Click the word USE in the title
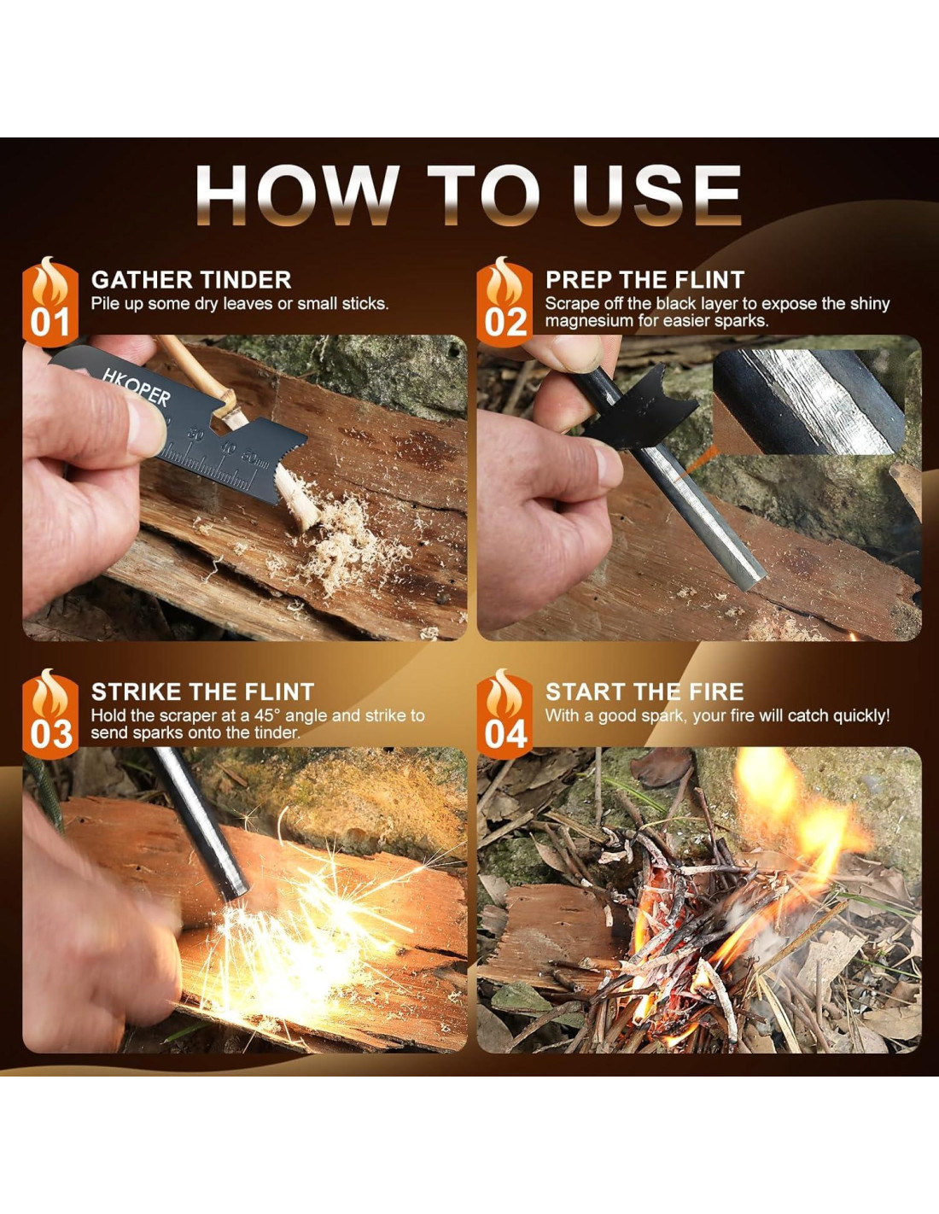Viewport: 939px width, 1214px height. tap(656, 195)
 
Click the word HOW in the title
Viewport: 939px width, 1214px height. tap(297, 195)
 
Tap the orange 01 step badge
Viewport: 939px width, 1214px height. tap(50, 302)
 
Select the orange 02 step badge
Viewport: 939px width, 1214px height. tap(504, 302)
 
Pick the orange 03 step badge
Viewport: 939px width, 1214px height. tap(50, 714)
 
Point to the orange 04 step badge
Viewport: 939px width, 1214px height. tap(504, 714)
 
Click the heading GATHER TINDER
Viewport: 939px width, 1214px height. tap(191, 280)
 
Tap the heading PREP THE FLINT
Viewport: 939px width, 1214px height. tap(644, 280)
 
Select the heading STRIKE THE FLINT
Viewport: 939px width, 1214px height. tap(202, 692)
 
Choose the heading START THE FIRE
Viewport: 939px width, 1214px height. tap(644, 692)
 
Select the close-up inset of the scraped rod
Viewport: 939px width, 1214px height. tap(808, 402)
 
